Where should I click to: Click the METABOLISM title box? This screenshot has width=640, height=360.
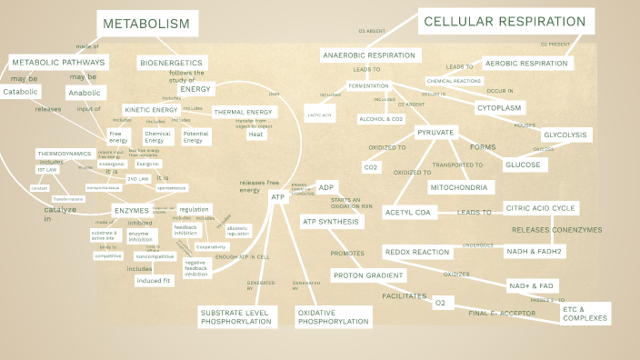[x=146, y=24]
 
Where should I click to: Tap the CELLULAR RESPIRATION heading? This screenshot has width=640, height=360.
[x=505, y=22]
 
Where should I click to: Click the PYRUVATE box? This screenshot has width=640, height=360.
[x=435, y=133]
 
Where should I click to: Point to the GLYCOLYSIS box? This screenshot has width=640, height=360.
[x=565, y=135]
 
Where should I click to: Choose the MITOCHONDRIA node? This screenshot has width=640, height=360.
[x=459, y=187]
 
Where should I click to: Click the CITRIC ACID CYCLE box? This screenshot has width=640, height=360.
[x=540, y=208]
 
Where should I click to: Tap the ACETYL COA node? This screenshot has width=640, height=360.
[x=411, y=212]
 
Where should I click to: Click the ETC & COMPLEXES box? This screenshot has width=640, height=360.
[x=585, y=313]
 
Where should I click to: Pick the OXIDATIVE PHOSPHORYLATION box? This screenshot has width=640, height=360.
[x=333, y=316]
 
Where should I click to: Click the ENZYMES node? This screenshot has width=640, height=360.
[x=130, y=210]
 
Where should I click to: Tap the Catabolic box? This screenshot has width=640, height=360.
[x=21, y=92]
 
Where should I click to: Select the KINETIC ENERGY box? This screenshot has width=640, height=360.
[x=150, y=110]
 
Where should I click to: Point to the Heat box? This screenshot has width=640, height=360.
[x=256, y=135]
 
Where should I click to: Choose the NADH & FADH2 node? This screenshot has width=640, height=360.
[x=535, y=251]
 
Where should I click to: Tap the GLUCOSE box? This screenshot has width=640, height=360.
[x=523, y=165]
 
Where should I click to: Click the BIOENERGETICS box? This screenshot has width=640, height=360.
[x=172, y=63]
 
